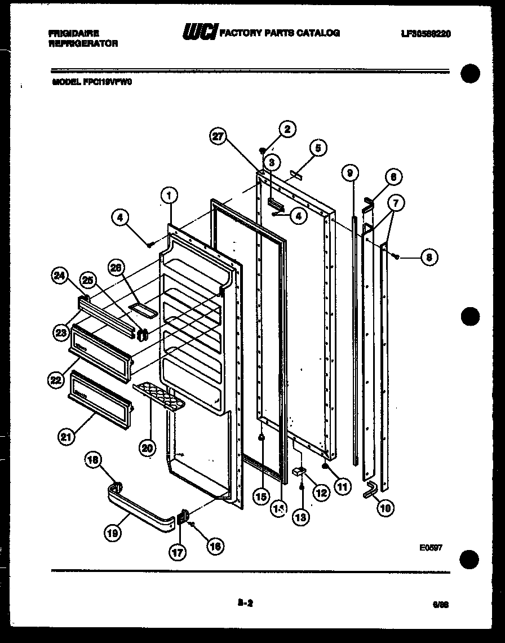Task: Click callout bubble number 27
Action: pyautogui.click(x=218, y=136)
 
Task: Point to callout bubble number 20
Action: pyautogui.click(x=147, y=448)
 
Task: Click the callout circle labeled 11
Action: pyautogui.click(x=342, y=486)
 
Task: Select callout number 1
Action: pyautogui.click(x=169, y=195)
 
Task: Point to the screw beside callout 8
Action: pyautogui.click(x=397, y=257)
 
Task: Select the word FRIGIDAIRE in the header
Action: pyautogui.click(x=74, y=34)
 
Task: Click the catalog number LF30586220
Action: pyautogui.click(x=426, y=34)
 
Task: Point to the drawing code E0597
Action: pyautogui.click(x=430, y=546)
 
